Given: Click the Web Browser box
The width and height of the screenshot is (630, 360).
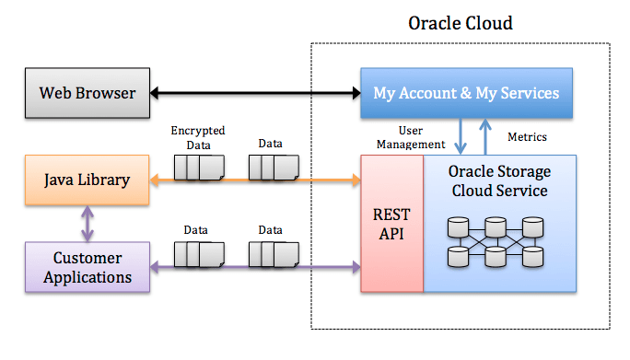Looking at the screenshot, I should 87,93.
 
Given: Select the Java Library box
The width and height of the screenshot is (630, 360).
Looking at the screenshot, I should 87,180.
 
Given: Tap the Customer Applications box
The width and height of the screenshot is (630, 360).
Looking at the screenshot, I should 87,266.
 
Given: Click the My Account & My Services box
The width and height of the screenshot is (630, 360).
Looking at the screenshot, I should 466,93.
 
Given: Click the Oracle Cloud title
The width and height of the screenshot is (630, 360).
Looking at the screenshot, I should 461,23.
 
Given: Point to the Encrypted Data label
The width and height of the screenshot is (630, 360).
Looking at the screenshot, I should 197,138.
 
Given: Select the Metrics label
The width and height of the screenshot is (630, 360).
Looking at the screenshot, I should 527,137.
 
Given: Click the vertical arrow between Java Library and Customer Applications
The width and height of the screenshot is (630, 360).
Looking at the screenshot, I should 87,224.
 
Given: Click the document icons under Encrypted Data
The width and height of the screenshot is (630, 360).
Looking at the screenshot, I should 199,167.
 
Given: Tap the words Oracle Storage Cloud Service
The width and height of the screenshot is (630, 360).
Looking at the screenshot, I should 497,181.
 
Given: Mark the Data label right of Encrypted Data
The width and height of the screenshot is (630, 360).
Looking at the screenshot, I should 271,144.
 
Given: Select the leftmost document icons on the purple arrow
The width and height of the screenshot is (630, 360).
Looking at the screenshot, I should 199,253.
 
